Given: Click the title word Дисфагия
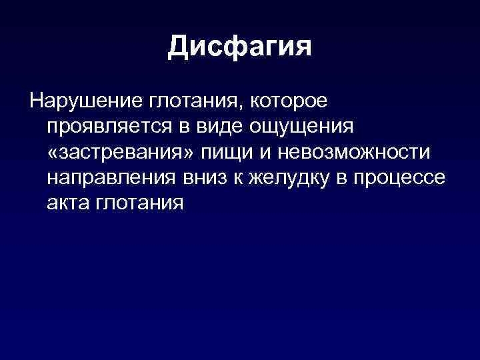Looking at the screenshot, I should (240, 47).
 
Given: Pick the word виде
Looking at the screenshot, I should (217, 127).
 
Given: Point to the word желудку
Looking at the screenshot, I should (285, 179).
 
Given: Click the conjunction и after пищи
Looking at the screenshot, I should (255, 153).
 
